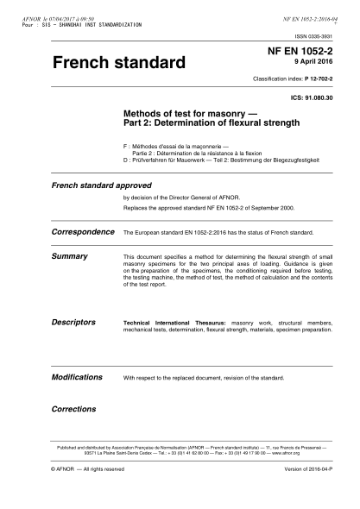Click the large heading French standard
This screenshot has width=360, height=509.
pos(119,64)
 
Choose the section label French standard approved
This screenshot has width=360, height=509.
pos(102,185)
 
